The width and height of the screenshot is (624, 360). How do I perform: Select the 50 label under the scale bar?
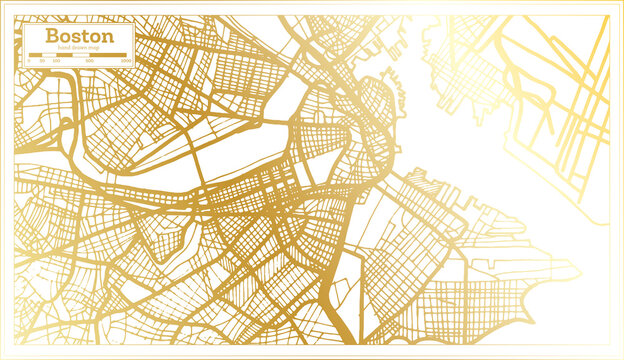(x=41, y=62)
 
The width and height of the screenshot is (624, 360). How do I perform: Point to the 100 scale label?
(x=56, y=62)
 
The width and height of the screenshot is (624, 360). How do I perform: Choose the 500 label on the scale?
(x=90, y=62)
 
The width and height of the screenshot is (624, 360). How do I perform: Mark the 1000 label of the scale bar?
(x=126, y=62)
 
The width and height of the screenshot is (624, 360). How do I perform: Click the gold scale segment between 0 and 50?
(x=34, y=56)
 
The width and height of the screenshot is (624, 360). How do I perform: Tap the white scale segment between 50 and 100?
(x=48, y=56)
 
